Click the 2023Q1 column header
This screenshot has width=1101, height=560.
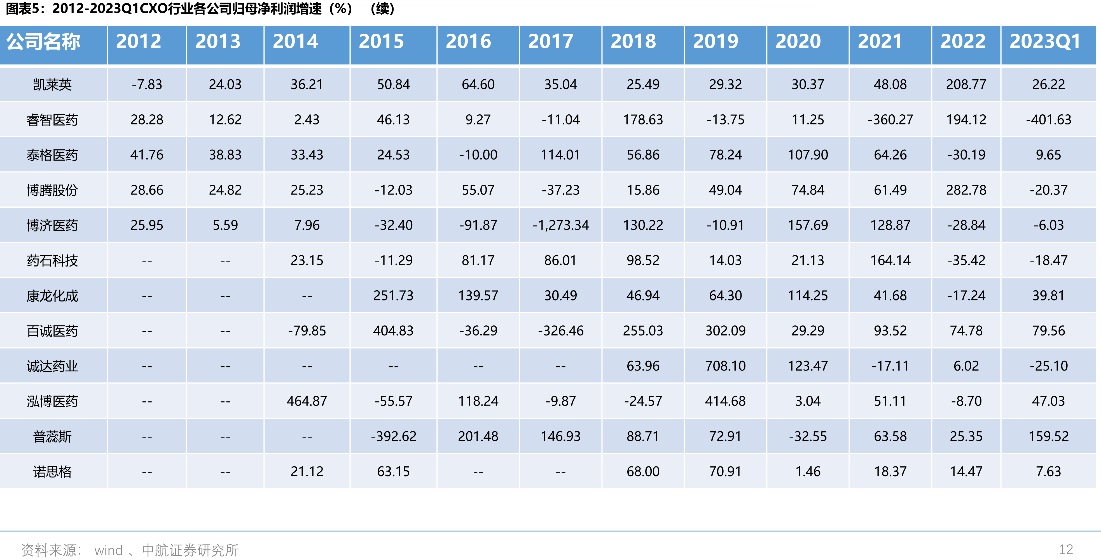(1045, 41)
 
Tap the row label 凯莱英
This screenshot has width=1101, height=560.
(52, 85)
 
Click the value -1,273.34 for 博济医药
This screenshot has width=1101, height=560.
(560, 225)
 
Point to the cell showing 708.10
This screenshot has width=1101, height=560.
(725, 366)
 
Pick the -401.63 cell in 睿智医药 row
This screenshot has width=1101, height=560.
(1048, 120)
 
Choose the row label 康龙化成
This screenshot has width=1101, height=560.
(52, 296)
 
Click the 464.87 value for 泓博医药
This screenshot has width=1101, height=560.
(307, 401)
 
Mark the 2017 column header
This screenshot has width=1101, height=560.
(550, 41)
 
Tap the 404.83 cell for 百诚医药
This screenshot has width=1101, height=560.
(393, 331)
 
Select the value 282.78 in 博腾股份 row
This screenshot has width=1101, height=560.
(966, 190)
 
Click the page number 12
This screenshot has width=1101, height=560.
(1066, 549)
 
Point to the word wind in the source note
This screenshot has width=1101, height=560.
(109, 550)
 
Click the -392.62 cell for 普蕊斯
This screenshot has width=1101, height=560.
(393, 436)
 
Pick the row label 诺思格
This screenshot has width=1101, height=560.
(52, 471)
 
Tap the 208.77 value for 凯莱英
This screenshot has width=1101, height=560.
(966, 84)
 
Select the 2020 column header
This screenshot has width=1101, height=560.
(798, 41)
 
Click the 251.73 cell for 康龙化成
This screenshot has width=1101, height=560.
(393, 296)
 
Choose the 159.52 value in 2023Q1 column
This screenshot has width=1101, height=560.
(1048, 436)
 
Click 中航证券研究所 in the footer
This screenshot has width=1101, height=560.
(190, 550)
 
